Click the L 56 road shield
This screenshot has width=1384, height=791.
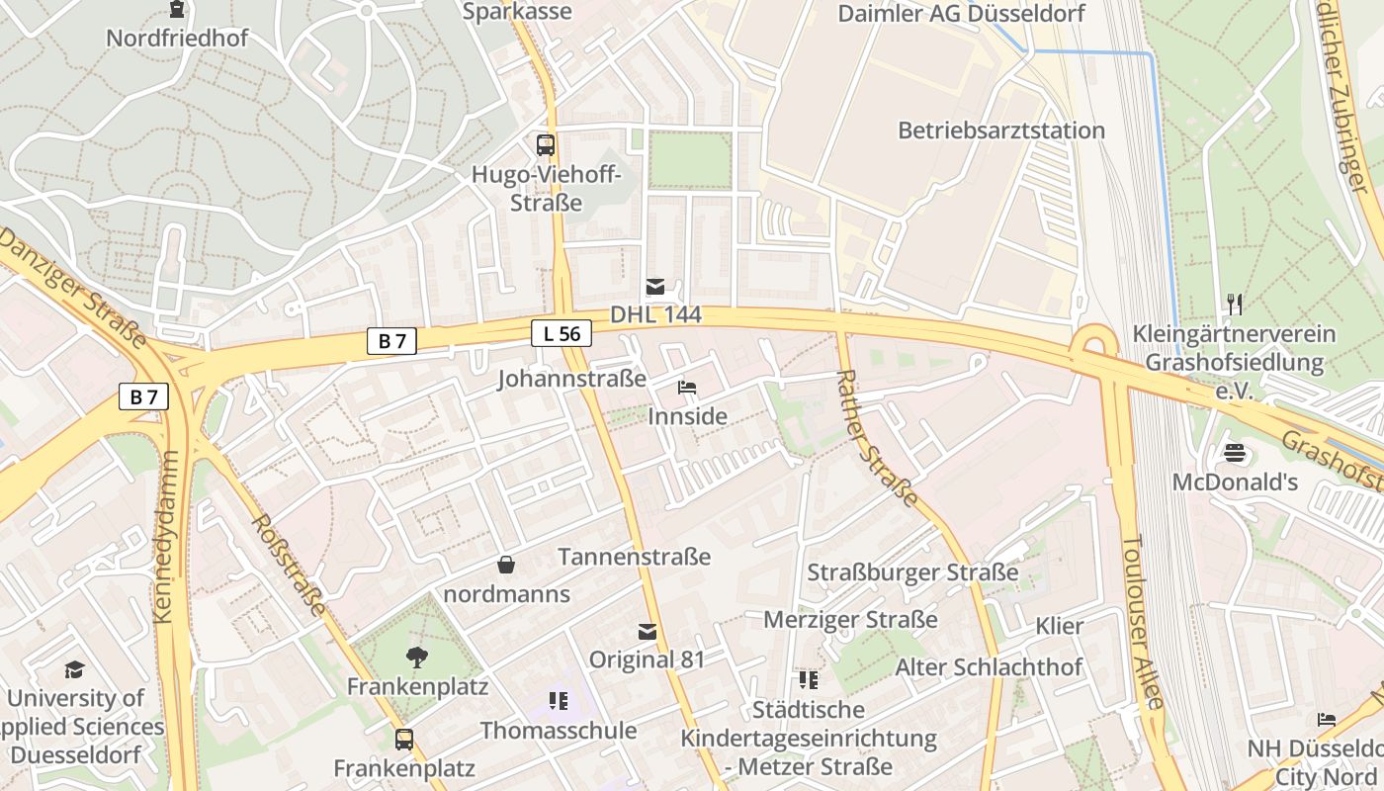(561, 334)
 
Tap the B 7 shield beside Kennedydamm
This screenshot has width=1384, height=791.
(143, 397)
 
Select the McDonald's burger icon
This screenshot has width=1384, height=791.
(1234, 454)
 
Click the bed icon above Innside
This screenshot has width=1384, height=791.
(687, 388)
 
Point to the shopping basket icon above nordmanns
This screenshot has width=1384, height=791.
(506, 565)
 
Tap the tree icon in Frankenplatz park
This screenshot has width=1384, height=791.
(416, 657)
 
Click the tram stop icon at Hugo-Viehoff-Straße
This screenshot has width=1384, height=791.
(546, 145)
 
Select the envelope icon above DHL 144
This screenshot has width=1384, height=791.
(654, 287)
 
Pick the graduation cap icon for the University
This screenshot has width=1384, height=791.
(74, 670)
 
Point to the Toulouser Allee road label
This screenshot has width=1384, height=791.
(1143, 622)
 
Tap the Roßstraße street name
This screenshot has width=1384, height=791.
(288, 564)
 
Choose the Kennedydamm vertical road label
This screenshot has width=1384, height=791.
(166, 537)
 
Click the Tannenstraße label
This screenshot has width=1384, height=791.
(634, 557)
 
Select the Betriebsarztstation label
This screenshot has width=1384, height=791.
(1000, 131)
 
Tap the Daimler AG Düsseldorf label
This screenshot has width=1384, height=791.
(961, 14)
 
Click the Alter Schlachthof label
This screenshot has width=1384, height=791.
(989, 667)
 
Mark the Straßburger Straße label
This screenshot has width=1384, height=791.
(912, 572)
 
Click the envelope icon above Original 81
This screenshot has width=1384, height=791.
(648, 632)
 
